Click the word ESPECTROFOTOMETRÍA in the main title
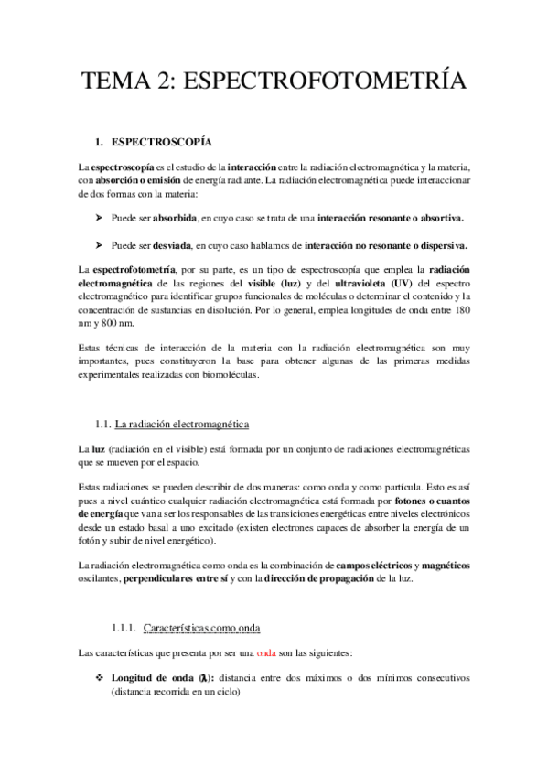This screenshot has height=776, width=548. (x=327, y=81)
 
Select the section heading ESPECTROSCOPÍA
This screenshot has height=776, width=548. (x=161, y=144)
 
